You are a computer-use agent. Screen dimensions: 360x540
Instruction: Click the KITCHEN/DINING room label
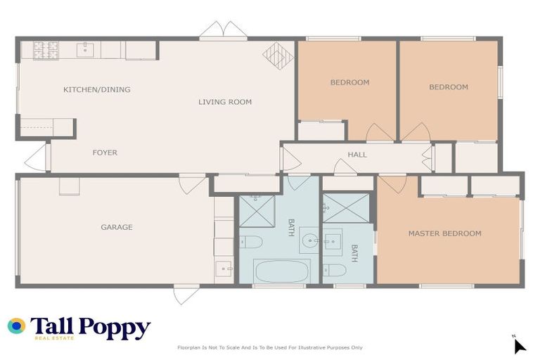pos(97,89)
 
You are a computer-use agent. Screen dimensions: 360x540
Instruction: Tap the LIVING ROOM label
pos(224,102)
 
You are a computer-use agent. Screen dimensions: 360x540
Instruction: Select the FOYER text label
pos(105,153)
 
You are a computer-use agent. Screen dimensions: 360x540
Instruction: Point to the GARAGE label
pos(117,227)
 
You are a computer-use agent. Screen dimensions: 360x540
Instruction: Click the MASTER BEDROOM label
pos(444,233)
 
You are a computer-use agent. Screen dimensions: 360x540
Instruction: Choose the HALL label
pos(357,155)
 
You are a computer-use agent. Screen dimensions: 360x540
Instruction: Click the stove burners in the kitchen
pos(46,49)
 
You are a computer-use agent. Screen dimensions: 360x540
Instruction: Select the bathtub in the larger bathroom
pos(280,271)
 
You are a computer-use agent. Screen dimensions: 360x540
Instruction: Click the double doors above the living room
pos(224,30)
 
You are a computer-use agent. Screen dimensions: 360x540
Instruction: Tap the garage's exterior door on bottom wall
pos(186,294)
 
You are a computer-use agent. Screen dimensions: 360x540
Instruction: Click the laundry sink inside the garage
pos(224,269)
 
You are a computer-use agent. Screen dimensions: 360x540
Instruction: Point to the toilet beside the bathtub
pos(250,243)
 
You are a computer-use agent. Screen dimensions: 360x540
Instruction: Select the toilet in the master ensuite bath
pos(334,270)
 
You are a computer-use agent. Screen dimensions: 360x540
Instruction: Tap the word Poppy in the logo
pos(114,328)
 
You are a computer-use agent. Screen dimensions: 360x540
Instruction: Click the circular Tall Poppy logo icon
pos(16,326)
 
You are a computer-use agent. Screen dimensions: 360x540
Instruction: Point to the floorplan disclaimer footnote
pos(269,347)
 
